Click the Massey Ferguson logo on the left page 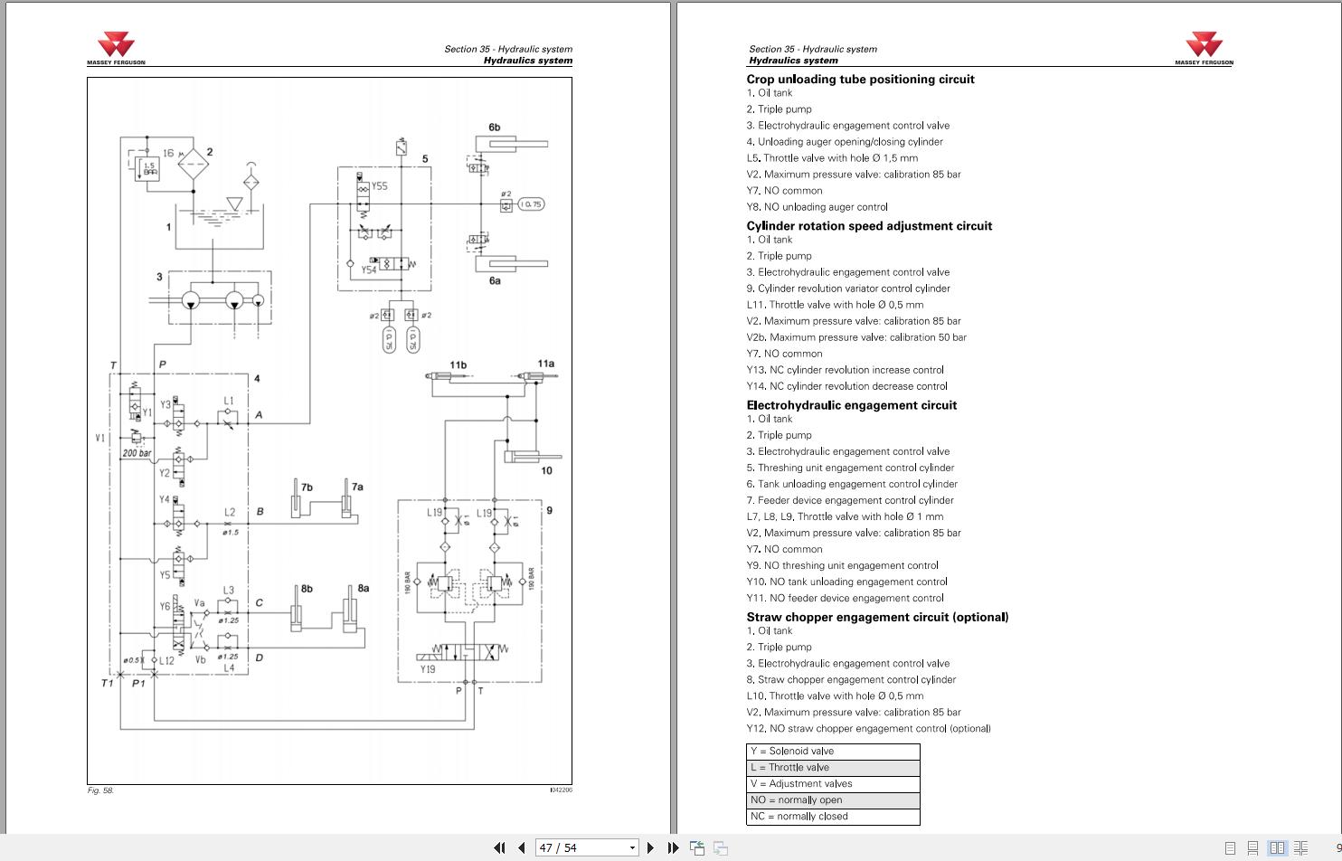click(116, 48)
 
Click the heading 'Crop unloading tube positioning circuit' click(860, 80)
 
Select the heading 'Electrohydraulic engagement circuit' click(851, 405)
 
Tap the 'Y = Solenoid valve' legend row click(832, 752)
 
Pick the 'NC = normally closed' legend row click(832, 817)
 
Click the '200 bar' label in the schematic click(137, 453)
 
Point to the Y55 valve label click(379, 186)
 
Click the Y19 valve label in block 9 click(428, 669)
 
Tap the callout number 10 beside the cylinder click(546, 470)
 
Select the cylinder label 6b click(495, 128)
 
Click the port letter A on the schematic click(259, 415)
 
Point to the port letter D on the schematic click(260, 658)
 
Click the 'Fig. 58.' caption click(100, 790)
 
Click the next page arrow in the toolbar click(650, 847)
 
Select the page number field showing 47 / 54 click(587, 847)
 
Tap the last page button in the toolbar click(673, 847)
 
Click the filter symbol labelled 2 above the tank click(194, 166)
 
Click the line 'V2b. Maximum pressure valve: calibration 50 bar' click(855, 337)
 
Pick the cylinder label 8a click(363, 588)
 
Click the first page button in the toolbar click(499, 847)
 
